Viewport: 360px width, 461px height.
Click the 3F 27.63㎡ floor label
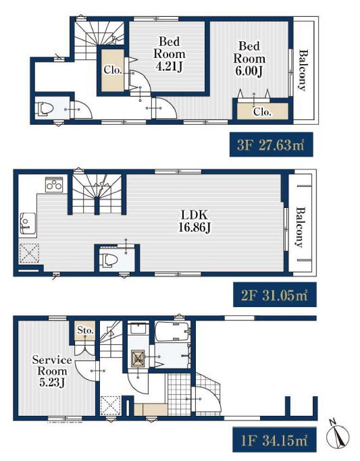click(x=271, y=144)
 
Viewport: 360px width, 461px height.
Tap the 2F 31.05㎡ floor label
click(x=275, y=295)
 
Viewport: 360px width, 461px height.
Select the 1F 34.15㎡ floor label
click(x=274, y=440)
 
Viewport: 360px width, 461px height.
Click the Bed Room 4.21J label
click(x=170, y=54)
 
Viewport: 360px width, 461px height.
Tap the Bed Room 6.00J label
click(x=249, y=59)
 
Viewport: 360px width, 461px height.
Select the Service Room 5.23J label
click(x=52, y=371)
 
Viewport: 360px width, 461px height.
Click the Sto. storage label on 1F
click(x=85, y=331)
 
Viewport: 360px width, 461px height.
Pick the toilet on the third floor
click(x=43, y=109)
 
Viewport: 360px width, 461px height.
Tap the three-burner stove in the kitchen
click(x=54, y=184)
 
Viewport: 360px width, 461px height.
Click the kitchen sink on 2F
click(x=28, y=223)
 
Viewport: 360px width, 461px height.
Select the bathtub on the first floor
click(x=172, y=331)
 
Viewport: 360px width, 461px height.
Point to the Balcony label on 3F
click(x=303, y=70)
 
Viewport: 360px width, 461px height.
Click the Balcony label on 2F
click(x=301, y=227)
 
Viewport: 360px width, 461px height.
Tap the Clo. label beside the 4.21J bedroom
click(x=113, y=70)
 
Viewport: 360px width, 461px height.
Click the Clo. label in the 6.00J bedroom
click(x=262, y=112)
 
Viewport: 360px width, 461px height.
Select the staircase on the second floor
click(x=97, y=194)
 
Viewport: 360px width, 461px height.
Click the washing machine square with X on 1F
click(x=138, y=358)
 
